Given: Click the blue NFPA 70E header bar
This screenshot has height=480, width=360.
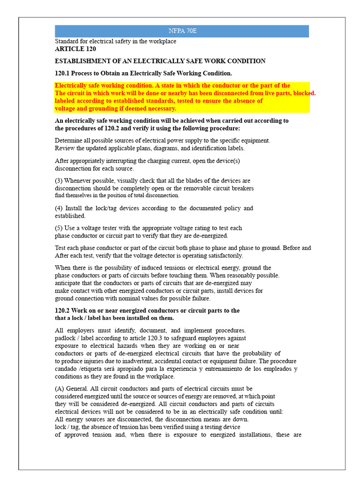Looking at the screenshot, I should coord(182,31).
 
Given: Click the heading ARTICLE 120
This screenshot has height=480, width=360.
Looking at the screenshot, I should coord(75,49).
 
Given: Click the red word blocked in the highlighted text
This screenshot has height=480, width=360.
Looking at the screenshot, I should coord(304,93).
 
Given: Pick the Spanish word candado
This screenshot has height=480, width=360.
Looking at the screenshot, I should coord(66,369).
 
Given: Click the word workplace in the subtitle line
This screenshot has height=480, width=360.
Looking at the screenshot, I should coord(161,41).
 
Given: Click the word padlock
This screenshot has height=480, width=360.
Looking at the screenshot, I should coord(66,338).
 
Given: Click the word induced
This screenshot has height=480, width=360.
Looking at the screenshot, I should coord(134,268).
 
